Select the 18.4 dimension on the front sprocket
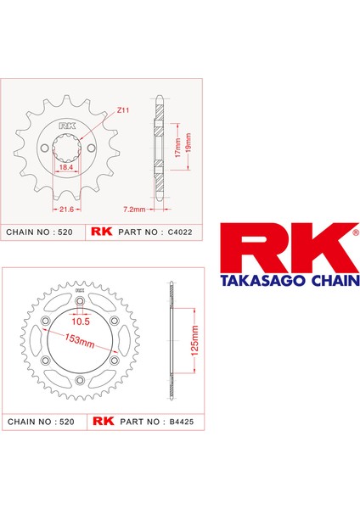65,170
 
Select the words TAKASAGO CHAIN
290,278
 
